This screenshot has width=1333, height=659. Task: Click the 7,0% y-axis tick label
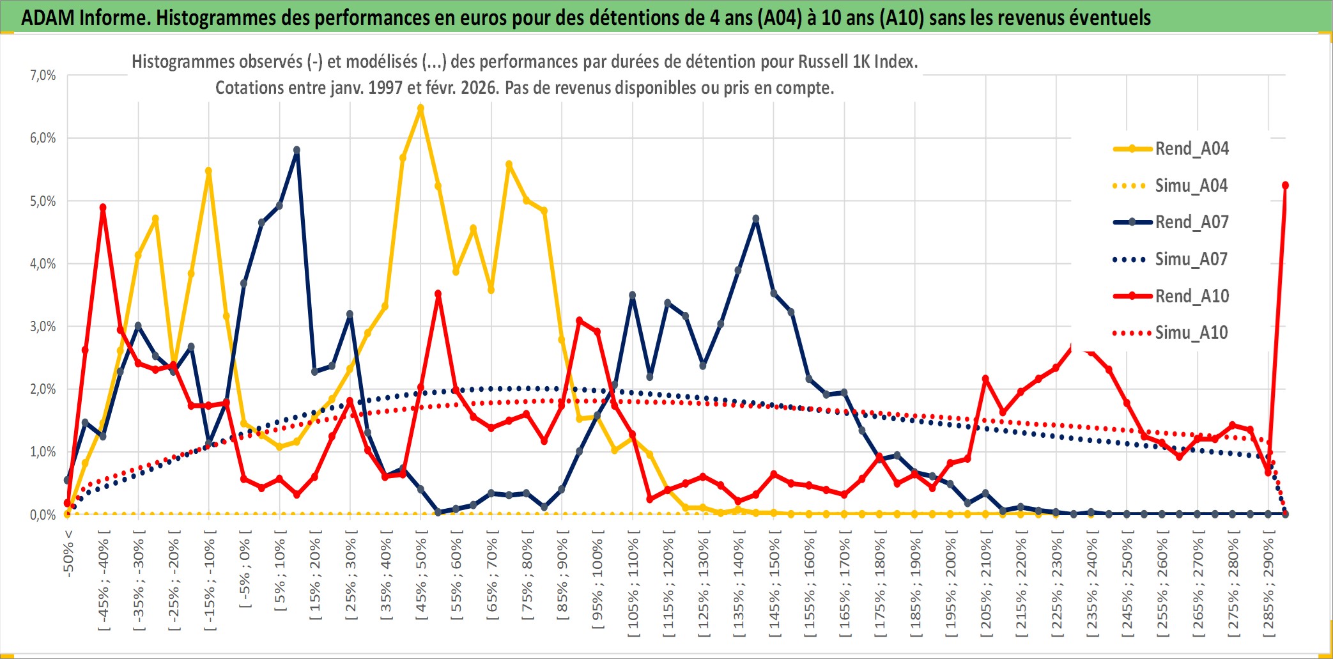point(43,75)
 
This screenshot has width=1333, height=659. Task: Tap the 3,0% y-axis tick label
point(43,327)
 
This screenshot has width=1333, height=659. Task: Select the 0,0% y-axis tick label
point(43,515)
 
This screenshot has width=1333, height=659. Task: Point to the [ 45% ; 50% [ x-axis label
point(421,578)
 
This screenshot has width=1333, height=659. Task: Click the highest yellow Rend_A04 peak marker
point(420,109)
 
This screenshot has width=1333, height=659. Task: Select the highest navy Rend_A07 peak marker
point(297,150)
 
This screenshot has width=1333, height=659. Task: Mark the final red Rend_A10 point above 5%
point(1285,185)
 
